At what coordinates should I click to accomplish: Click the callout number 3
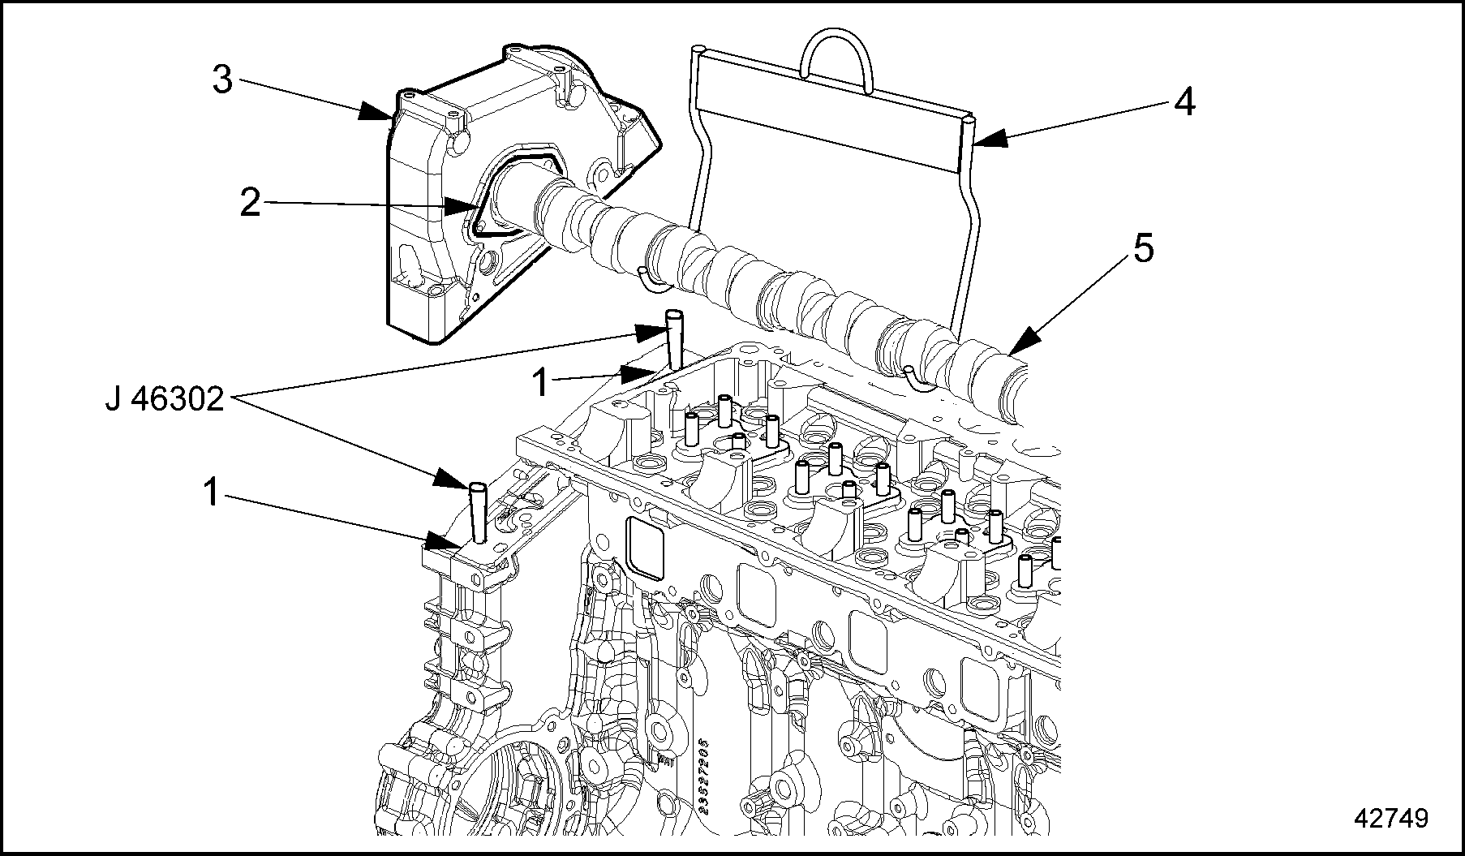tap(222, 80)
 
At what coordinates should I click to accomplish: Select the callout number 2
tap(250, 203)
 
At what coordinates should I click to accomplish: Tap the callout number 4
tap(1184, 103)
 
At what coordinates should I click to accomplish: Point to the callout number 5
tap(1142, 249)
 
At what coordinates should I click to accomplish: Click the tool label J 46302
tap(165, 399)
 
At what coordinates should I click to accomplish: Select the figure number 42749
tap(1390, 818)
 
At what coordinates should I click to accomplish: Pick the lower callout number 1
tap(211, 493)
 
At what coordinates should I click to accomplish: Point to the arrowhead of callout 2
tap(466, 208)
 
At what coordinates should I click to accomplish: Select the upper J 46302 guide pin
tap(672, 337)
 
